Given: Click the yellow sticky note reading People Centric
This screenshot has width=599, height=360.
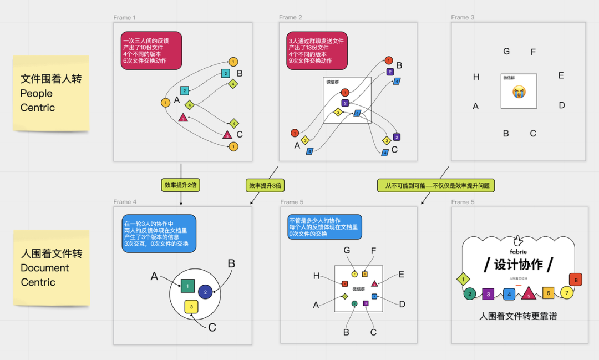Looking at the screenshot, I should (50, 93).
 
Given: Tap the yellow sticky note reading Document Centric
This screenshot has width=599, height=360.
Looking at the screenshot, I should (50, 267).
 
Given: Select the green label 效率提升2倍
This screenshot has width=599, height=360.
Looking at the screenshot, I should (181, 185).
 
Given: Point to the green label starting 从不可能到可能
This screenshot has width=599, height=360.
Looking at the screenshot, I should (436, 185).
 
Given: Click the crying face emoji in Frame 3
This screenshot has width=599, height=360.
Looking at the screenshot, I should (519, 92).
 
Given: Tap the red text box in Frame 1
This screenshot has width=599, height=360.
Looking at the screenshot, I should (151, 50).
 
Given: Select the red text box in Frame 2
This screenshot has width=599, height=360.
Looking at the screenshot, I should (316, 50).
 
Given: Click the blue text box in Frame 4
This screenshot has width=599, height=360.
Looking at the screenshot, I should (159, 234).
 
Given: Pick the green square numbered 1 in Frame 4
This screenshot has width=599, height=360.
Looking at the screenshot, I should (187, 286).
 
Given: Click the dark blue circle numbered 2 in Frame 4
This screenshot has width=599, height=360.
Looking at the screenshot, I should (205, 292).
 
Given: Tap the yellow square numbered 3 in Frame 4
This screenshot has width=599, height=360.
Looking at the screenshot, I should (191, 306).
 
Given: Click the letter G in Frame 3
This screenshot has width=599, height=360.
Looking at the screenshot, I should (506, 52).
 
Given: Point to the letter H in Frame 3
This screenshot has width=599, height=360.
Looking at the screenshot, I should (476, 77).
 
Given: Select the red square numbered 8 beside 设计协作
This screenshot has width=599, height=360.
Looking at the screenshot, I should (576, 280).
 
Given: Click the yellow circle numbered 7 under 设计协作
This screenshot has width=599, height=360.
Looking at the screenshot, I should (566, 292).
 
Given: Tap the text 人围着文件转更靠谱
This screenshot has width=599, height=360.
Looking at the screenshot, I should (518, 316).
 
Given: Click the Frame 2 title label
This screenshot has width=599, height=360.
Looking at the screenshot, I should (291, 18).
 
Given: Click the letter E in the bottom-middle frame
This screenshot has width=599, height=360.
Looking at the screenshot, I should (401, 274).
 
